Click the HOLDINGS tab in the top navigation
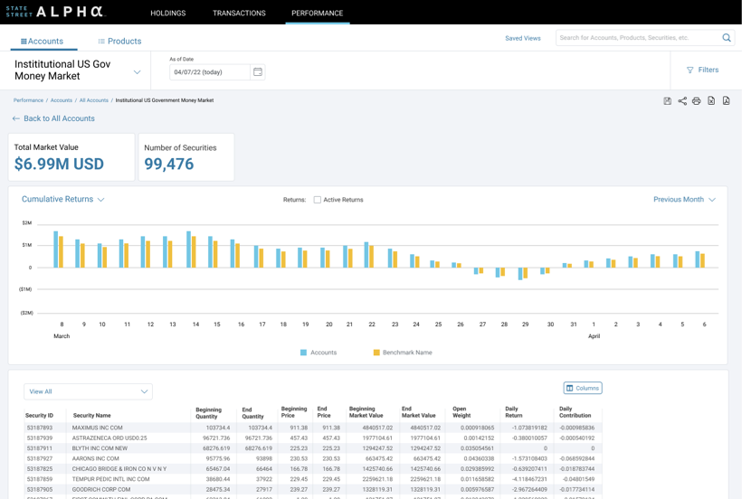[x=167, y=14]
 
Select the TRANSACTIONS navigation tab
[x=239, y=14]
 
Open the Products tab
[x=119, y=42]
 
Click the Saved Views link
[x=522, y=39]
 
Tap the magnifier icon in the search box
[x=726, y=38]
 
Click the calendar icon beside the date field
[x=258, y=72]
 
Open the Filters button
[x=702, y=71]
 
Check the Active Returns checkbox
[x=318, y=200]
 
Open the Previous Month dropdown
[x=684, y=200]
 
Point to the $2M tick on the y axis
[x=26, y=222]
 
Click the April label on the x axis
[x=594, y=336]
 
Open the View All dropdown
[x=88, y=391]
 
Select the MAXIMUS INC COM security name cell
[x=97, y=428]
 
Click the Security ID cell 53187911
[x=40, y=448]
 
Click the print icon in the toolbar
[x=696, y=101]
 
